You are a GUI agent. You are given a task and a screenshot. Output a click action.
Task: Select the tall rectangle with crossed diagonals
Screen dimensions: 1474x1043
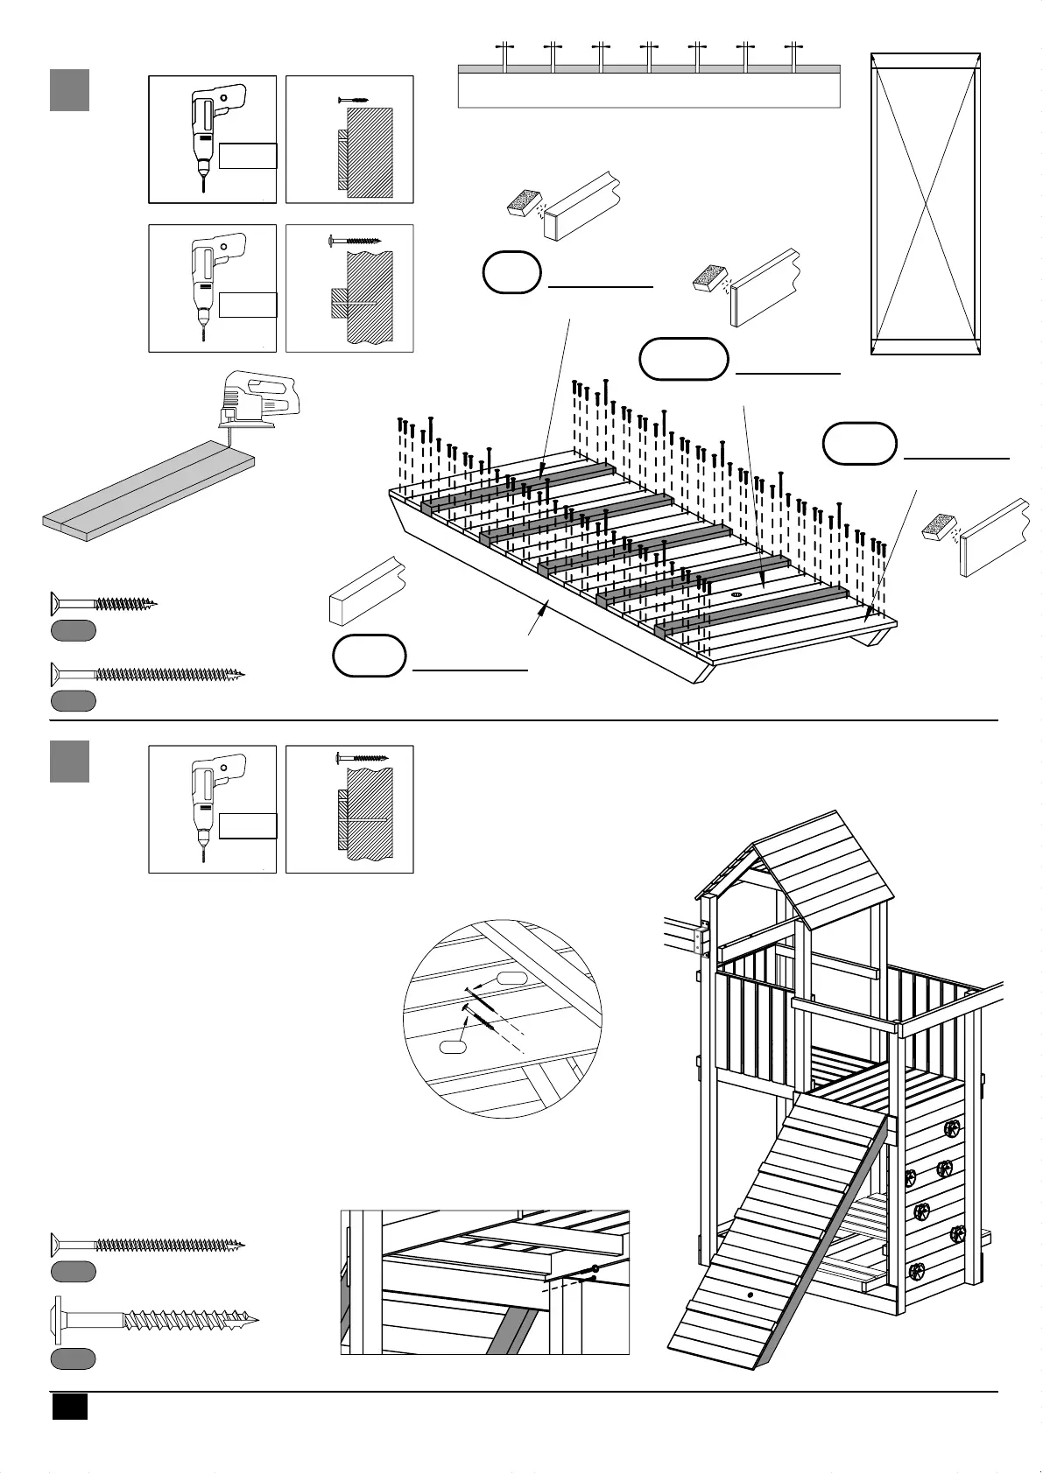[925, 203]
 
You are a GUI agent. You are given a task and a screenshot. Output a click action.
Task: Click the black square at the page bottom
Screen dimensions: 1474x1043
[69, 1407]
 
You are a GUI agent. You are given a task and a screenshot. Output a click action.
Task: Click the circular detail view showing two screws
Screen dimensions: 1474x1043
[503, 1018]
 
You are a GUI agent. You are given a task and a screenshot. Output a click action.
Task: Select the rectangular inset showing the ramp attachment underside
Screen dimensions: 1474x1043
[484, 1281]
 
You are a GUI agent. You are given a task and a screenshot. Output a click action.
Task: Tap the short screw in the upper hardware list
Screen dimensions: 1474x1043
[103, 603]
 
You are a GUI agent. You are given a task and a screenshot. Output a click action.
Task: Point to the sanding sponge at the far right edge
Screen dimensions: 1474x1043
[941, 529]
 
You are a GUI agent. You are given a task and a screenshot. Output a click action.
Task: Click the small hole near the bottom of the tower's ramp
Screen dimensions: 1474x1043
[750, 1293]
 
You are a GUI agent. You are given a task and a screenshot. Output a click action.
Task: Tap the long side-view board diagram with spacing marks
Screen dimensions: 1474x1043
[649, 85]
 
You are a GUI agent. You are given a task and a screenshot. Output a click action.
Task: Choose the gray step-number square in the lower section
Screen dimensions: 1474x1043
[69, 761]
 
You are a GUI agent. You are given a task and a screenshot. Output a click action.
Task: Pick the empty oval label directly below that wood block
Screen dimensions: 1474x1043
[370, 656]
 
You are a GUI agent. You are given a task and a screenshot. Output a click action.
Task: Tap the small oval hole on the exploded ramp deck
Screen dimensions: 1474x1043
[736, 593]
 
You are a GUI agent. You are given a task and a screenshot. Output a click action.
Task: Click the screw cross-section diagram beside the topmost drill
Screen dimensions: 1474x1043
[349, 139]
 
